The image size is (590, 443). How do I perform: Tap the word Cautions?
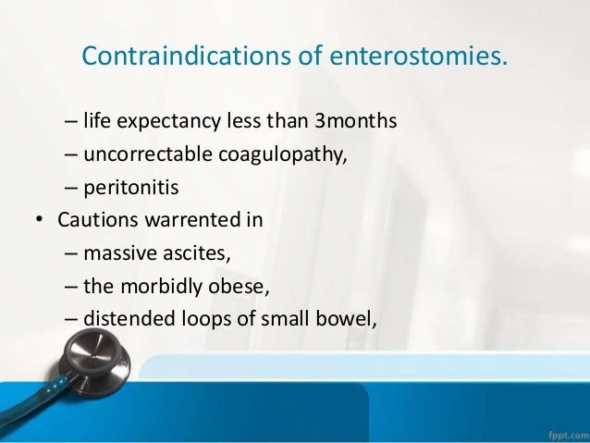[92, 221]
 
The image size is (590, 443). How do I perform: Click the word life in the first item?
[96, 120]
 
